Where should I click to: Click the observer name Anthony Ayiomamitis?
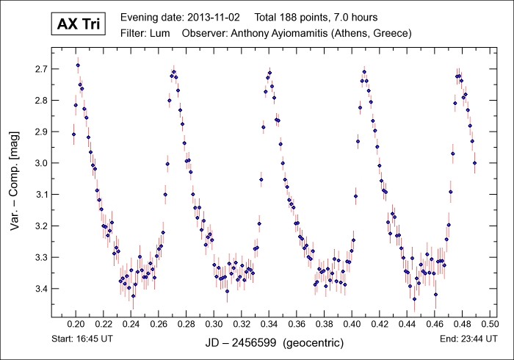point(288,33)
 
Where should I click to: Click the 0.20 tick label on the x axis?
point(76,323)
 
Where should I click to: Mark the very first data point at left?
point(73,134)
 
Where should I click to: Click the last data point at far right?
point(474,162)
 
